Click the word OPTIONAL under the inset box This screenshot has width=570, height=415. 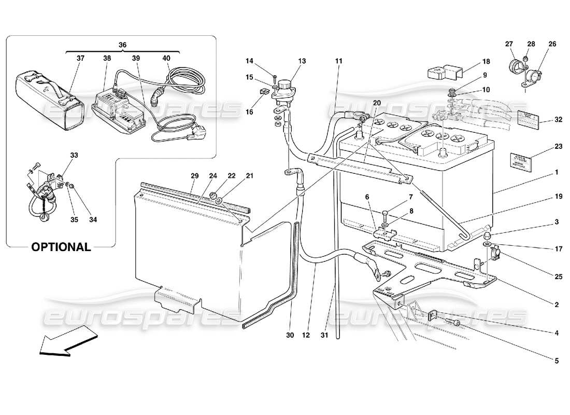(x=61, y=247)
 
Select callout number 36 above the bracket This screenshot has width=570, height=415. (x=122, y=45)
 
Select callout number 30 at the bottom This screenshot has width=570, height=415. (x=290, y=335)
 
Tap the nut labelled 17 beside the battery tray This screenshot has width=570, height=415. (x=488, y=238)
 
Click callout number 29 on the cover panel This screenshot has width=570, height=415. (x=194, y=176)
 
